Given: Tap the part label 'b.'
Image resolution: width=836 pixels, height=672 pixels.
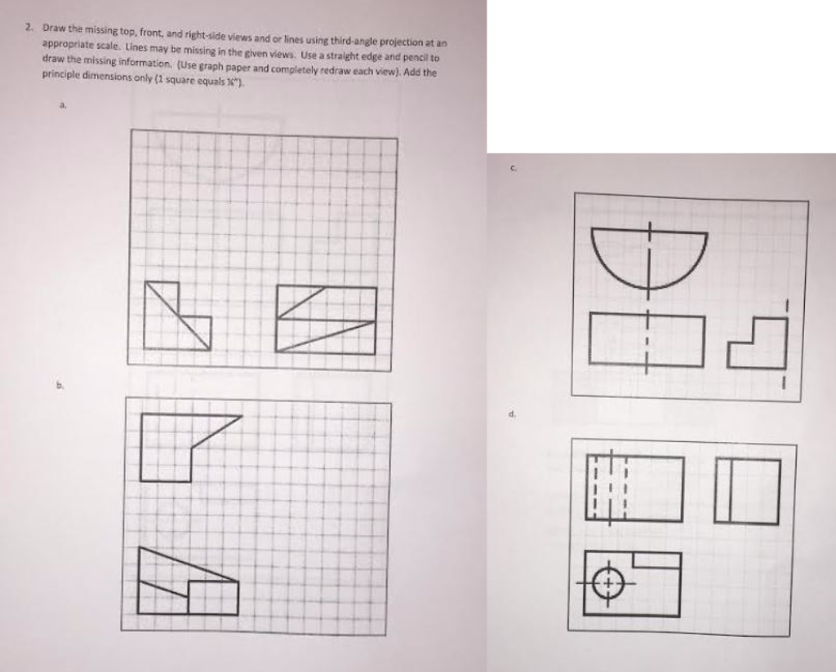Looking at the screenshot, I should pos(58,390).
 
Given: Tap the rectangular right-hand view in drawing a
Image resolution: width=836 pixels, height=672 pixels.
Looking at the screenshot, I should pos(327,319).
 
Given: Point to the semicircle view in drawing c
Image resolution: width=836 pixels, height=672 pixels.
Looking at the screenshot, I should pos(649,254).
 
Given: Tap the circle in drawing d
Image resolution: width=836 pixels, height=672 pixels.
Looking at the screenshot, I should pos(607,582).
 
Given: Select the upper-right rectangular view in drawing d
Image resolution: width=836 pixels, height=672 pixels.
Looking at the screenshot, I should pos(747,490).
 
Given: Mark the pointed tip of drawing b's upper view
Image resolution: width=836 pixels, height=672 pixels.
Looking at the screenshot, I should pos(241,417).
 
